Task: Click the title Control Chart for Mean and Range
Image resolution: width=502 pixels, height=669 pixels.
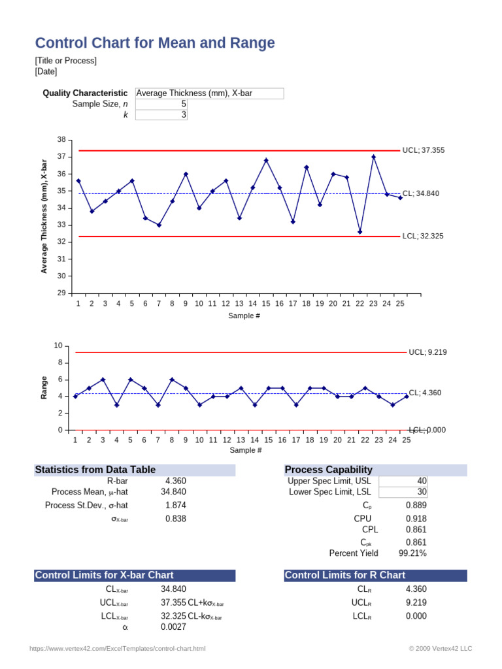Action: point(154,43)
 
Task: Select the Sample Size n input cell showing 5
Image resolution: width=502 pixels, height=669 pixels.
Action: point(161,104)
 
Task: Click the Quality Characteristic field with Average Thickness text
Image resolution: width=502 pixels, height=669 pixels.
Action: point(209,93)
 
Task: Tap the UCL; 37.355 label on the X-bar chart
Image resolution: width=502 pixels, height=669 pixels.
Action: point(424,150)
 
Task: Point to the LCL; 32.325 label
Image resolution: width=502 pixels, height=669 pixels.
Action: point(423,236)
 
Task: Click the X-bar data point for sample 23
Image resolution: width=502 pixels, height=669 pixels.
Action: point(373,157)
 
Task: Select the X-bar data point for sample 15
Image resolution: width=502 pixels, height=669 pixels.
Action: point(266,160)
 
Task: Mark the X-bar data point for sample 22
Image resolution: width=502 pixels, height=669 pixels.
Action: point(360,232)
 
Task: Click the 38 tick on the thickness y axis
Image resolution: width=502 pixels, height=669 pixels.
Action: point(61,140)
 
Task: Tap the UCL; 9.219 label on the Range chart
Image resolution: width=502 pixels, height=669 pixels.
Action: point(427,352)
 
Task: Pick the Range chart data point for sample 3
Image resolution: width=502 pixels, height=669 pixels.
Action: point(103,380)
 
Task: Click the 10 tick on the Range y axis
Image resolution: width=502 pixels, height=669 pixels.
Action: point(58,346)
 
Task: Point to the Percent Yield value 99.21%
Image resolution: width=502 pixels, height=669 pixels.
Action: point(412,553)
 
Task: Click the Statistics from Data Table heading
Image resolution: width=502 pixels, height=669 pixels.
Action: point(95,469)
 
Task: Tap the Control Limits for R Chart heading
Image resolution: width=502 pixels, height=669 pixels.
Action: point(345,575)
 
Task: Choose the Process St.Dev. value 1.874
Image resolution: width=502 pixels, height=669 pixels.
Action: point(174,505)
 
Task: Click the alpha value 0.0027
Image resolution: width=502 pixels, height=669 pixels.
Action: point(173,627)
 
